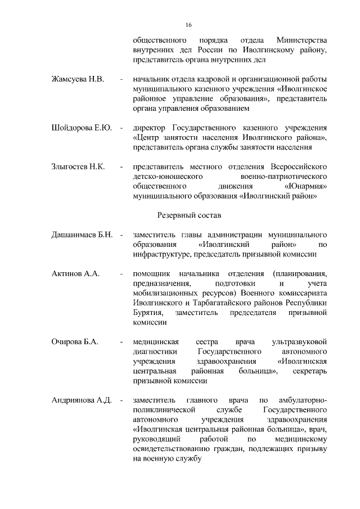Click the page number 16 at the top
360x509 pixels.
(x=188, y=25)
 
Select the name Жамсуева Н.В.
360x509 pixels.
(x=78, y=79)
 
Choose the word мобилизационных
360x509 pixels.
(x=165, y=294)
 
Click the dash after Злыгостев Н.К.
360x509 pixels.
(x=121, y=167)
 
